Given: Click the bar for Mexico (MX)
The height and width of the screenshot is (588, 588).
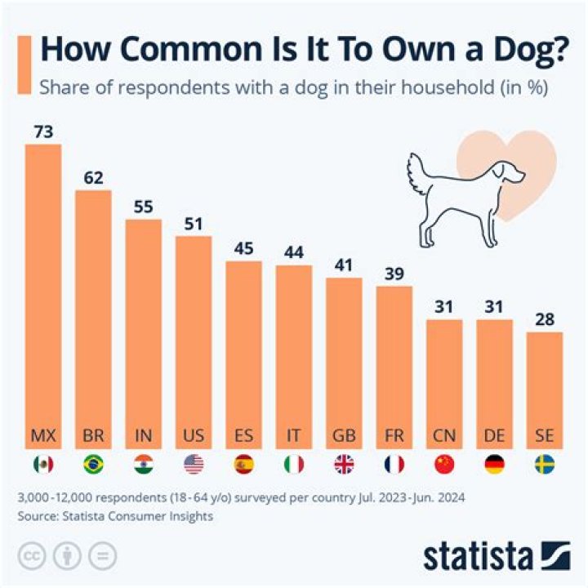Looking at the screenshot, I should click(43, 294).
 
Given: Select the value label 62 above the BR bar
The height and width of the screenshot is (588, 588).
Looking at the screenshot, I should click(93, 178).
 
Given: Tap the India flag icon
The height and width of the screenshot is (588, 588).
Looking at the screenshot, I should click(143, 465).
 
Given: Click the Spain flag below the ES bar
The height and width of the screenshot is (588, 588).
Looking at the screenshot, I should click(243, 465).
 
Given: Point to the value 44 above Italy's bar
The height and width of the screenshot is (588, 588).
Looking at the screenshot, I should click(293, 252).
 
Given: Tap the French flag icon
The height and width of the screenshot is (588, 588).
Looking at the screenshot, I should click(394, 465).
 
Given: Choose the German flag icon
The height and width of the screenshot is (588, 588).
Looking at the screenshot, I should click(494, 465).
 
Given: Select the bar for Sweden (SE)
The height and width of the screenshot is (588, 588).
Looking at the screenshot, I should click(545, 384).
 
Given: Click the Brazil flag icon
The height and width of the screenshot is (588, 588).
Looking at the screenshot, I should click(93, 465).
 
